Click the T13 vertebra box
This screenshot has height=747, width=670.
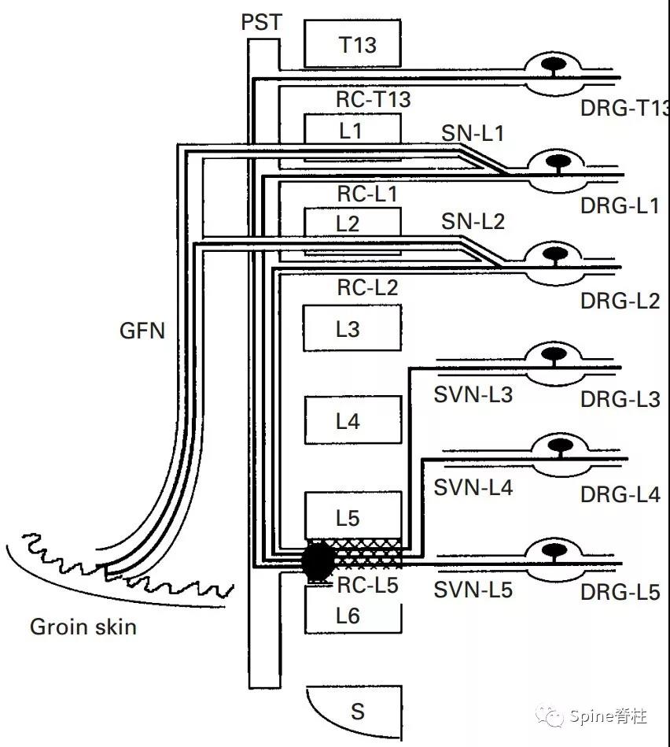(x=352, y=45)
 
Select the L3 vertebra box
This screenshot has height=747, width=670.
(x=352, y=327)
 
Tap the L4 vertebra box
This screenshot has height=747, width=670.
(x=352, y=420)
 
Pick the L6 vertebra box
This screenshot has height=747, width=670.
(x=352, y=615)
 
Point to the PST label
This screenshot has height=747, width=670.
(x=262, y=22)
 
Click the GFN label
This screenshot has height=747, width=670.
(x=142, y=330)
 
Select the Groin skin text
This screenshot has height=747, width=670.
(x=83, y=627)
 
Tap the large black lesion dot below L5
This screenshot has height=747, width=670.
(x=318, y=560)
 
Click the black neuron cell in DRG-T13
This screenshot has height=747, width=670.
(x=554, y=62)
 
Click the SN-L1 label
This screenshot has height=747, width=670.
(x=472, y=134)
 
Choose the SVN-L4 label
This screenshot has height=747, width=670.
(x=473, y=488)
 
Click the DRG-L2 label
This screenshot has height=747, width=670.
(x=620, y=300)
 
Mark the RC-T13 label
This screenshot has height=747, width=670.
(x=374, y=99)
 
